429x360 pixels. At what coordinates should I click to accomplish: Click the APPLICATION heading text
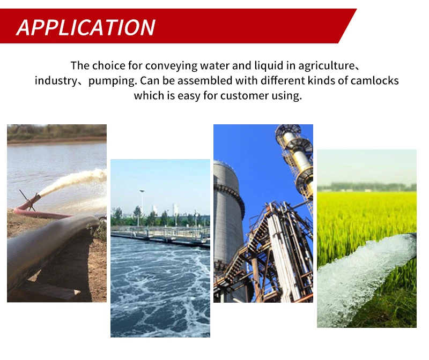click(86, 27)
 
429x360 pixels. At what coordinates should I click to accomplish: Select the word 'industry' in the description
click(56, 81)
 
